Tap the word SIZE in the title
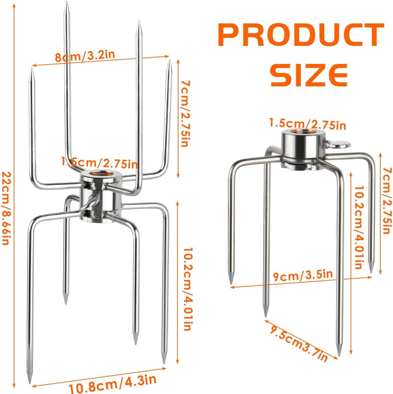tap(309, 75)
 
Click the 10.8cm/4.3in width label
tap(112, 384)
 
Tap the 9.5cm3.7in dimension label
tap(299, 343)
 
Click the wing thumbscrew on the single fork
tap(338, 144)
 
